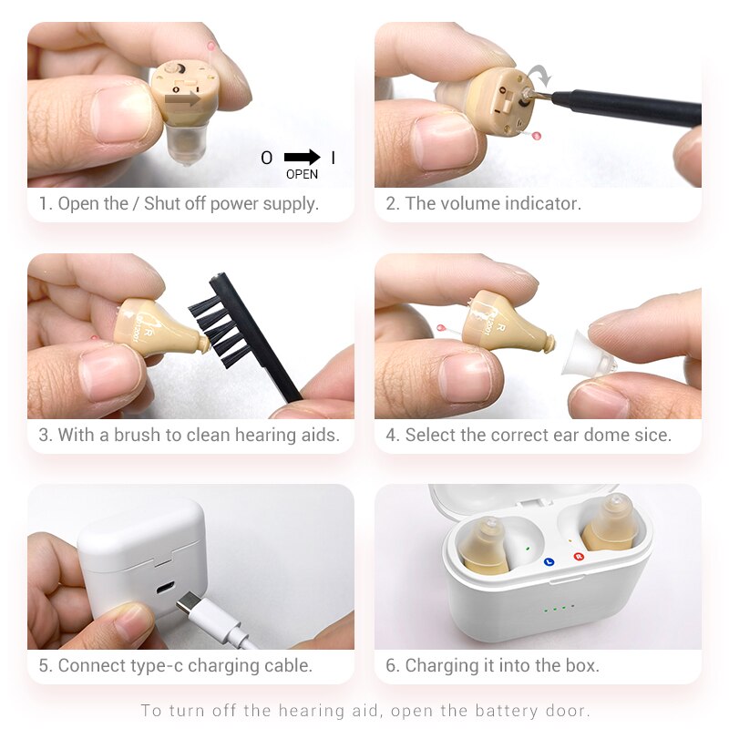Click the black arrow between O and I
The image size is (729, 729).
point(302,158)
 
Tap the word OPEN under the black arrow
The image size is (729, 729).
point(303,174)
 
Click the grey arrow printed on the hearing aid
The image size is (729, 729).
point(182,99)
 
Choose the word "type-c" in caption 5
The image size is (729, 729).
point(159,666)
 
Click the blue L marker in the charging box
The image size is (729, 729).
point(549,562)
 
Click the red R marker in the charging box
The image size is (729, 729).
point(577,556)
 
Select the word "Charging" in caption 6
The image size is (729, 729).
point(443,666)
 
